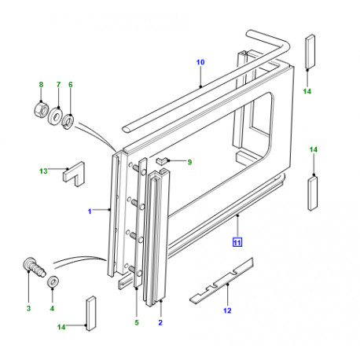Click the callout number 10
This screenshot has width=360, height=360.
click(200, 61)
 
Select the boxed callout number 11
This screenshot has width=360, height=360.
click(237, 242)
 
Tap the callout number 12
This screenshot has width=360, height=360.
click(227, 310)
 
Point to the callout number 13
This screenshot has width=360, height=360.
click(43, 171)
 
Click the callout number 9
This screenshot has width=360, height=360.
click(189, 162)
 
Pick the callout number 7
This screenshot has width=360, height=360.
click(57, 84)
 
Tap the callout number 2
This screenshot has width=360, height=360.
click(162, 322)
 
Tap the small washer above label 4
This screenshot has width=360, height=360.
click(52, 283)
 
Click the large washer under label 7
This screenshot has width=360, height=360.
click(58, 117)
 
